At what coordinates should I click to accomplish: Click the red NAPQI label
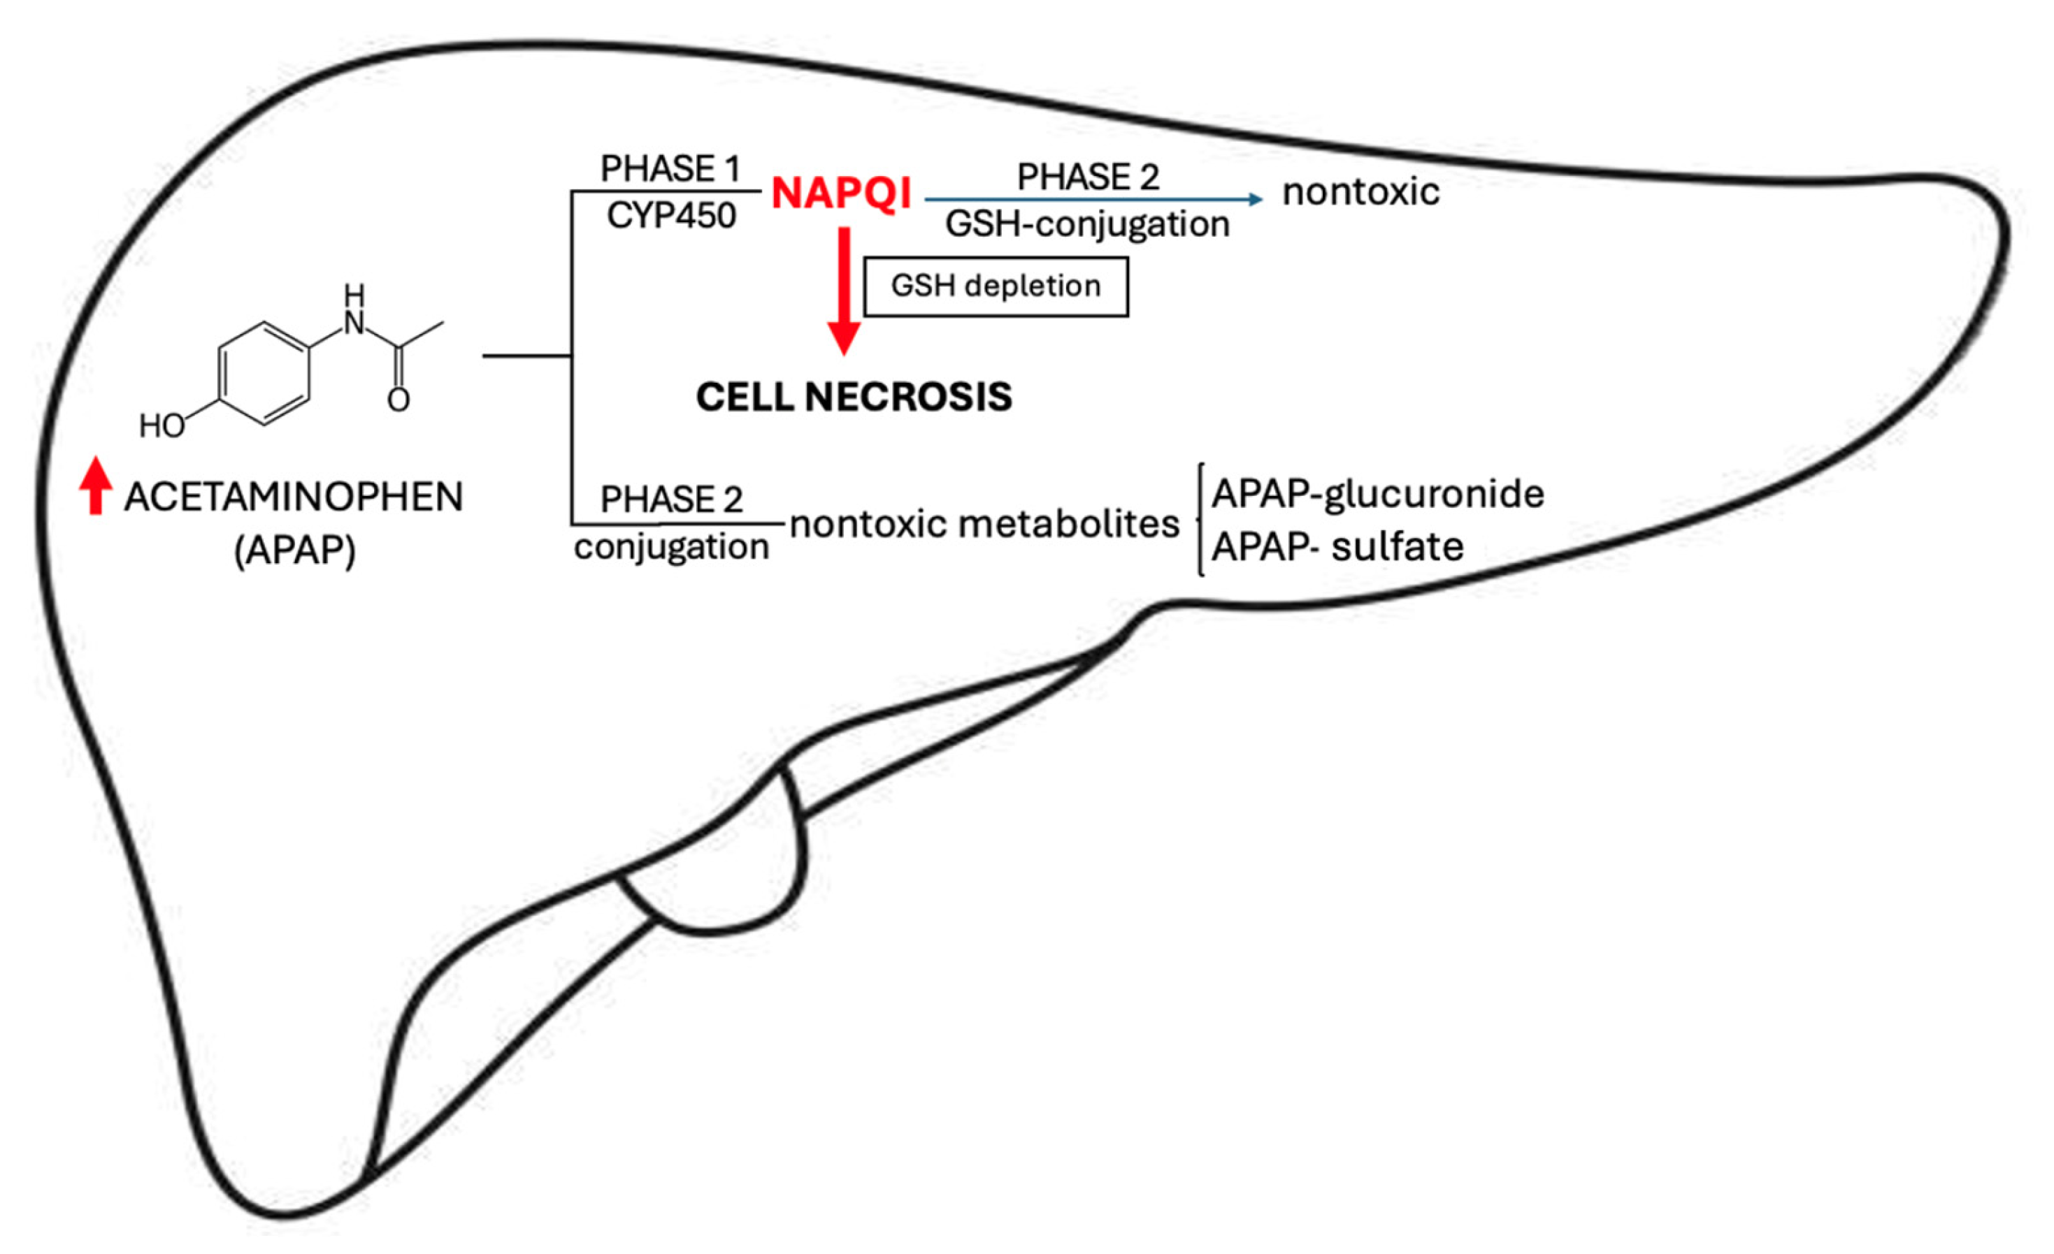(x=840, y=194)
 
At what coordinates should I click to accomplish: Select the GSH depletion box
(x=996, y=286)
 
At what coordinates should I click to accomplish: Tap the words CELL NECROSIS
(x=854, y=397)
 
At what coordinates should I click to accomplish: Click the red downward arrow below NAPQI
(x=844, y=291)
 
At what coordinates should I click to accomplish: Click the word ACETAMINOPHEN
(x=294, y=497)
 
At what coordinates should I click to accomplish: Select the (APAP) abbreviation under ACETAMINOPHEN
(x=294, y=551)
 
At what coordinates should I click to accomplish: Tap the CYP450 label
(x=671, y=216)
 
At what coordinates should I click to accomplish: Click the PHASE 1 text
(x=670, y=168)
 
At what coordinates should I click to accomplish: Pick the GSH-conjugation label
(x=1087, y=224)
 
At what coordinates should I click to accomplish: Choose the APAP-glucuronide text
(x=1377, y=494)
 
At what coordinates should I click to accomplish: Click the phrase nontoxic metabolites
(x=984, y=524)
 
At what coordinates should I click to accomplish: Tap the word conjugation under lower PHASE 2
(x=671, y=548)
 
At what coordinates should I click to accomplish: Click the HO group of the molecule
(x=161, y=425)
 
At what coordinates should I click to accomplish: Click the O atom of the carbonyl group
(x=398, y=401)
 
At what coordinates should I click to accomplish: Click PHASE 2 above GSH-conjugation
(x=1087, y=177)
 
